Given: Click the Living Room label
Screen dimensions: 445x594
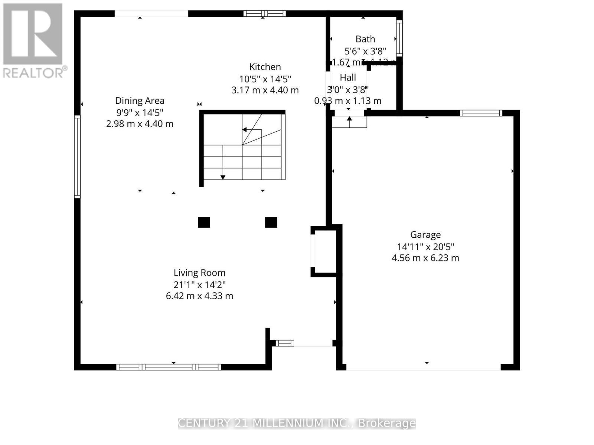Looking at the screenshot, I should pos(199,273).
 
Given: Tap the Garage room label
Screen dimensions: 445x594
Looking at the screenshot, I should pos(425,235).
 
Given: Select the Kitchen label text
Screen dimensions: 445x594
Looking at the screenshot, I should pos(265,67).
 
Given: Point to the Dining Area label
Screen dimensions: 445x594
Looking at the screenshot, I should pos(140,100).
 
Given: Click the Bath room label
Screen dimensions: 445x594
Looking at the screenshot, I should pos(365,39).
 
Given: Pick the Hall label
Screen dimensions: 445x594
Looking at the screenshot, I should pos(348,78).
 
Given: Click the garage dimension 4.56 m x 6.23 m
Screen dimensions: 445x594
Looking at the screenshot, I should pos(425,258).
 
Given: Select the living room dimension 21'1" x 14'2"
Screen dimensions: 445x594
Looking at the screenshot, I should pos(199,285).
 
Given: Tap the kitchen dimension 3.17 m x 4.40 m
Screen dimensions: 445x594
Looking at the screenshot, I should pos(265,90).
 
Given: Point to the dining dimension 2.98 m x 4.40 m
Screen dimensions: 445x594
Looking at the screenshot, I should pos(140,124).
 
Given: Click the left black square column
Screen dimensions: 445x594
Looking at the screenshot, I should pos(204,222).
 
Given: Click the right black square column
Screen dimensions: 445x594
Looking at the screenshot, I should pos(271,222).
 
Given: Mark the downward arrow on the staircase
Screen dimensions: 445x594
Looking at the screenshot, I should pos(223,177).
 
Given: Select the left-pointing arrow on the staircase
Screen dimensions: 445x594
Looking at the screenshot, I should pos(245,130).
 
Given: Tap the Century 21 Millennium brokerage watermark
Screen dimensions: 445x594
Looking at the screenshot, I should pos(297,423).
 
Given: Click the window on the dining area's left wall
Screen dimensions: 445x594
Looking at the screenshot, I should pos(77,156).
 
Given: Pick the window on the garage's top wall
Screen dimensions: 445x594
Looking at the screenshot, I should pos(481,113).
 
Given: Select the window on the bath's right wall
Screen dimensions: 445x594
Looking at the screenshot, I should pos(399,38).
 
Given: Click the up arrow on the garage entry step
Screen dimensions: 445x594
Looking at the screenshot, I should pos(349,119).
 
